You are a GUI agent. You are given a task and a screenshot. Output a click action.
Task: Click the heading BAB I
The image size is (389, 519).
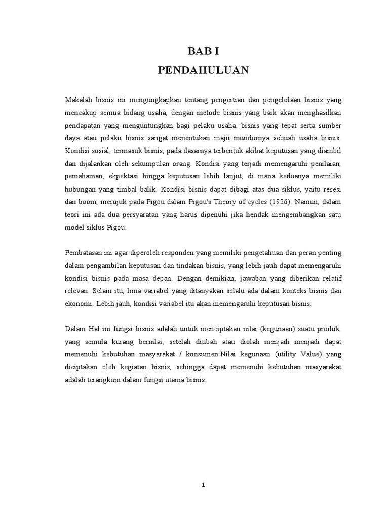203,51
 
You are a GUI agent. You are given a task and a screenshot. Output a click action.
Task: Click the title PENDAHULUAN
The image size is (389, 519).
203,71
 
